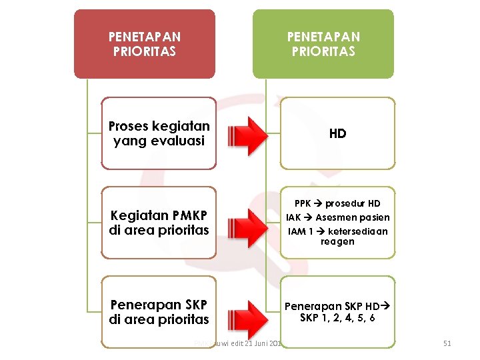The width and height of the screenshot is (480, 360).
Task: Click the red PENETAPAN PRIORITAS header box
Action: [144, 44]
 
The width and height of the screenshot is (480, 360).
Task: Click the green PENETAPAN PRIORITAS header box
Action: [323, 44]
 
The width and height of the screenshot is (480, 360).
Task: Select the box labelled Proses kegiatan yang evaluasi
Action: [159, 133]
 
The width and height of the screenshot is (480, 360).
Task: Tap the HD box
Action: [337, 133]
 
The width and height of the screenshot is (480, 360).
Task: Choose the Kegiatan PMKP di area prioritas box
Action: [159, 223]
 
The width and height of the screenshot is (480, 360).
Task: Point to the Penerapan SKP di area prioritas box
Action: [159, 311]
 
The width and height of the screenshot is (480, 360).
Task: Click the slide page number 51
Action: [447, 343]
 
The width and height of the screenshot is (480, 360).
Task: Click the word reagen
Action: [337, 242]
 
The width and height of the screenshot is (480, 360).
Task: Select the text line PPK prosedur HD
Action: [337, 203]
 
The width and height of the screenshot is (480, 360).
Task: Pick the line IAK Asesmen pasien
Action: [337, 217]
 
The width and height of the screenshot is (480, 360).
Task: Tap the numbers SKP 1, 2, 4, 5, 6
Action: [337, 318]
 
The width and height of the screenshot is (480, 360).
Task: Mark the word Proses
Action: [128, 126]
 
